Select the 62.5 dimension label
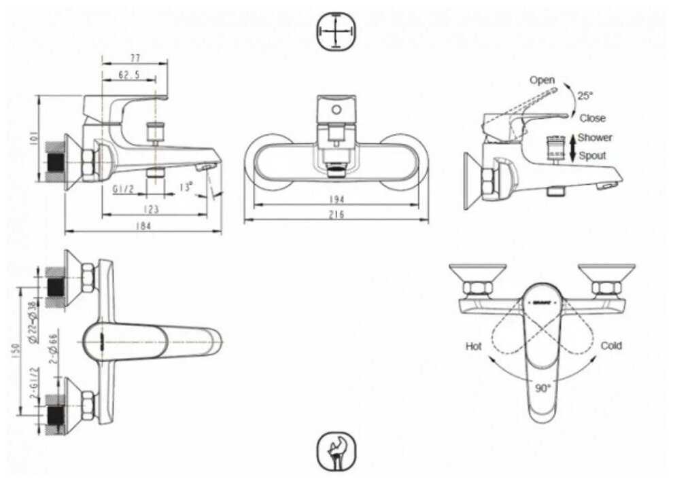pos(128,75)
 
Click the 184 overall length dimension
pos(143,226)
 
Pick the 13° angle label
pos(186,186)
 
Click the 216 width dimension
pos(336,215)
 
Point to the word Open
pos(542,80)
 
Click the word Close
pos(592,118)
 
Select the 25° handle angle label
pos(585,96)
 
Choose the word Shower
pos(595,137)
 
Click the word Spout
pos(593,156)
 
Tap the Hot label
pos(474,346)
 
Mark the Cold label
pos(611,346)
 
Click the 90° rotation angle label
pos(542,389)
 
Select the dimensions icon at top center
pos(336,31)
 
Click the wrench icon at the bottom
pos(336,452)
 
